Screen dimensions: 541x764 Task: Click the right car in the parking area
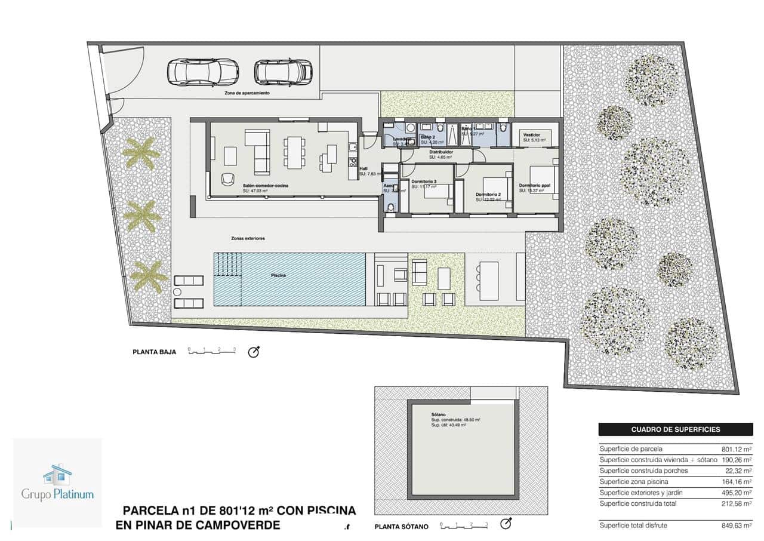click(284, 72)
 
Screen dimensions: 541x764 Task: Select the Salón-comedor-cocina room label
click(265, 186)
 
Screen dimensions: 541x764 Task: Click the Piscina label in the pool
click(278, 275)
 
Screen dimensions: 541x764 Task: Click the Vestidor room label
click(531, 135)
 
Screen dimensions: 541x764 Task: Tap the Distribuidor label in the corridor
click(440, 152)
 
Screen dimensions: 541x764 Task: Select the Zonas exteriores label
click(248, 238)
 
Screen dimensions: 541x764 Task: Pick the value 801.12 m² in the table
click(736, 449)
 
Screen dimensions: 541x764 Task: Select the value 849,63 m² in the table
click(736, 525)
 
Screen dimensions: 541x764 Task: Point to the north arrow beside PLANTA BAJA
click(254, 352)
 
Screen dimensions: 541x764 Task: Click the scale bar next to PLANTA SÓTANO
click(464, 525)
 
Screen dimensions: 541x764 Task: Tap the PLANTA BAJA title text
click(154, 352)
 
